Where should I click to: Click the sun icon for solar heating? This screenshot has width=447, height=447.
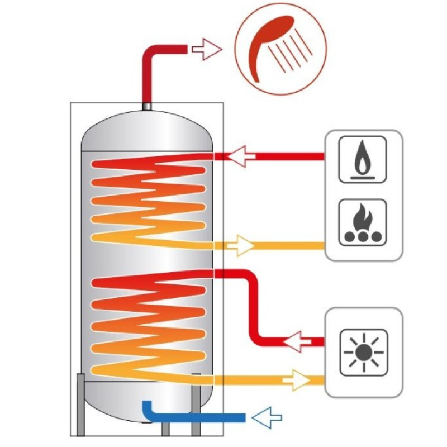coord(364,351)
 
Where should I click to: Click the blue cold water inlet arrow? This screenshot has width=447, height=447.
coord(266,417)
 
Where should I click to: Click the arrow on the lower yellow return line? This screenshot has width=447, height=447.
coord(296,381)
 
